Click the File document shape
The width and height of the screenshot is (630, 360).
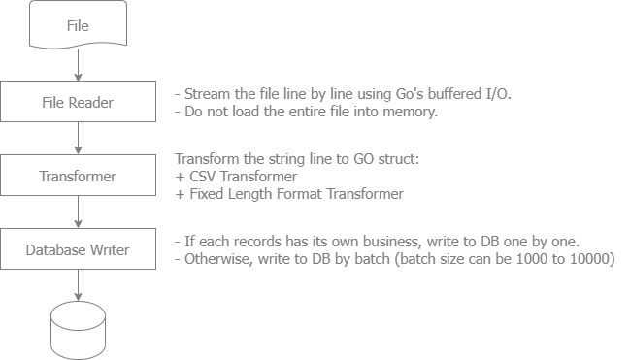[x=78, y=24]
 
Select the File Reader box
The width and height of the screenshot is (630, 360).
[x=78, y=101]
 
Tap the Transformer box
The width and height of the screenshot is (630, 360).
[x=78, y=176]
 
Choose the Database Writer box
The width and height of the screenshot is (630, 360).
[x=78, y=249]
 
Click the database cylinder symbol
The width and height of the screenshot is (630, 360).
[x=79, y=330]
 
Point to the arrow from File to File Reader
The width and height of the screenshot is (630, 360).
[x=78, y=64]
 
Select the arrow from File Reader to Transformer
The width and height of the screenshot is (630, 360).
[x=78, y=138]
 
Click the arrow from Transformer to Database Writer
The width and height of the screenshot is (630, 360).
[x=78, y=213]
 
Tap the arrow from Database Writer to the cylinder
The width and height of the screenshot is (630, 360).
[x=78, y=285]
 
